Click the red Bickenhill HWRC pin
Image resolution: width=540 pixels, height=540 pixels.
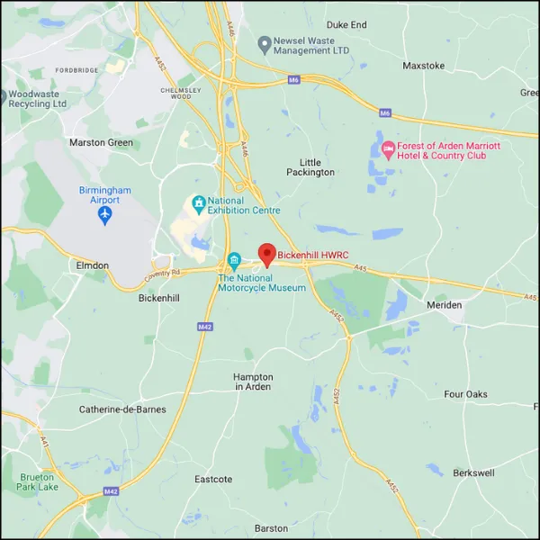tap(266, 254)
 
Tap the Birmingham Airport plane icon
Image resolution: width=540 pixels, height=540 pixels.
tap(104, 214)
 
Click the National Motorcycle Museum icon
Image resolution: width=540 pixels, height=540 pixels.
tap(234, 262)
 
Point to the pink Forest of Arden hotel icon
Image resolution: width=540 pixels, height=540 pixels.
tap(389, 149)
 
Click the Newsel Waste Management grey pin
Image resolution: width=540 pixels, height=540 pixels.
tap(265, 44)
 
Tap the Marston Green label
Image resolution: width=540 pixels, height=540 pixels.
tap(101, 143)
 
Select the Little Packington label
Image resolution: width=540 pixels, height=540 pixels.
tap(310, 166)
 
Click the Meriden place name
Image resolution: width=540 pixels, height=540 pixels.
tap(443, 305)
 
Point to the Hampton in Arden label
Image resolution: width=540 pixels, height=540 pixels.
tap(253, 382)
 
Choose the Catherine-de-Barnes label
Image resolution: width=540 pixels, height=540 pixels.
tap(115, 409)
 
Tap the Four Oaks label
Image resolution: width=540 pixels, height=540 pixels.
tap(465, 394)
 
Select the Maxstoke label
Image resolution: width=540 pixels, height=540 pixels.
tap(425, 66)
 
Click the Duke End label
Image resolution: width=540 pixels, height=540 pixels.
tap(346, 25)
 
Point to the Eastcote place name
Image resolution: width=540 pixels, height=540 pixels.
tap(213, 480)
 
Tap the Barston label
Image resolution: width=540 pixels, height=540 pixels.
tap(271, 528)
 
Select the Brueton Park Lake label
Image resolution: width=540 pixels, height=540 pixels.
tap(37, 482)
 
